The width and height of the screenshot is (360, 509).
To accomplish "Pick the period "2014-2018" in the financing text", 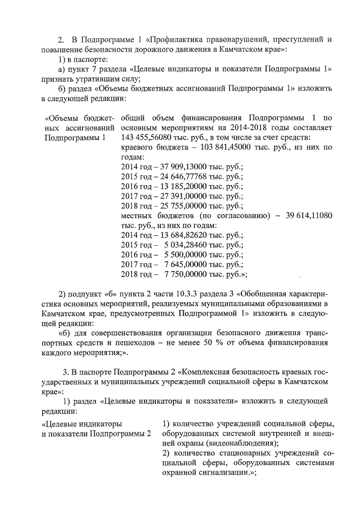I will [231, 128].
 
